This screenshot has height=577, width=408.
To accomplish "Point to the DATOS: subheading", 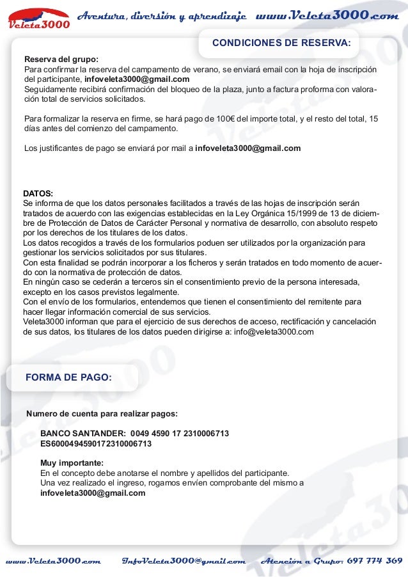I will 38,193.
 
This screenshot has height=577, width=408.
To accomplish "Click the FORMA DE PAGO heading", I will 68,377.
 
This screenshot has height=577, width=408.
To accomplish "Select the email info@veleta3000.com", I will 274,332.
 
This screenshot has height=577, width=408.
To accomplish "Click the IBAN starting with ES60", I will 96,443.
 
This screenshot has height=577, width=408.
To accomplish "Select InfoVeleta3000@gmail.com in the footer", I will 184,561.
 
